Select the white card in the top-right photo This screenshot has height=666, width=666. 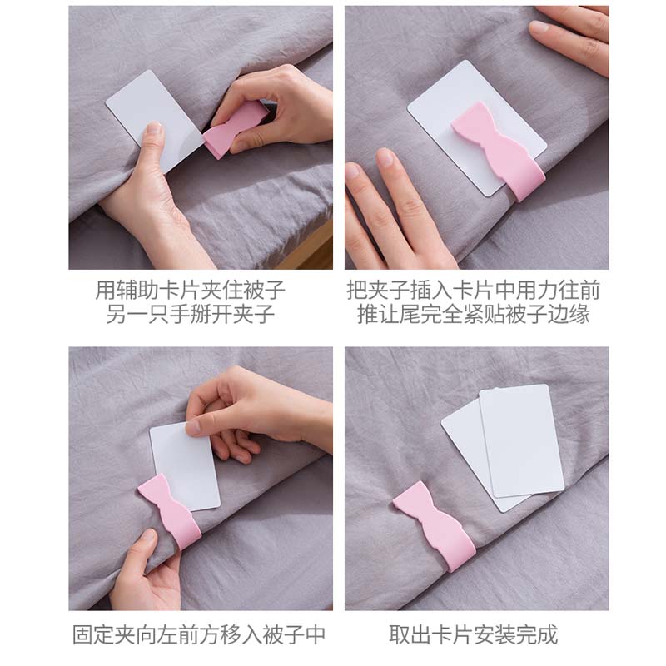point(476,127)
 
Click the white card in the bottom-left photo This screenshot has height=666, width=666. point(185,466)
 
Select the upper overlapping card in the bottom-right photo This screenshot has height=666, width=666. point(521,441)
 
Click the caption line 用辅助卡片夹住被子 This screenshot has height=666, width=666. point(190,290)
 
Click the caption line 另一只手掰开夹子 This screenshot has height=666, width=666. point(190,314)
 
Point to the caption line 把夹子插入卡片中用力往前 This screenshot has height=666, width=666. point(473,290)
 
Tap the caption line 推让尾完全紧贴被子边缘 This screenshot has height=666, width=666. point(473,314)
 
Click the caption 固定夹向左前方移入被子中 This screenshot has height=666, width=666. point(199,634)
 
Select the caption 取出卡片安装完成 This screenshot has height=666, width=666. point(473,634)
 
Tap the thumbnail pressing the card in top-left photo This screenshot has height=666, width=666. point(153,128)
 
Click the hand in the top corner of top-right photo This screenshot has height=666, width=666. point(570,38)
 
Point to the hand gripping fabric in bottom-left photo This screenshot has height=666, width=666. point(147,571)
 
